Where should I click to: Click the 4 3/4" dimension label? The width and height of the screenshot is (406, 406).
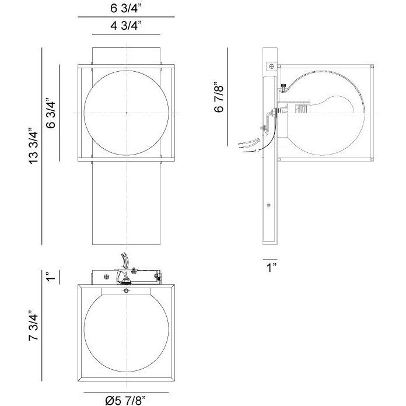pyautogui.click(x=126, y=25)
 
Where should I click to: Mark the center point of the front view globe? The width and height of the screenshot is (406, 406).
pyautogui.click(x=127, y=113)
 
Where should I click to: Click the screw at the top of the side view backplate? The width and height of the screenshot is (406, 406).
pyautogui.click(x=271, y=66)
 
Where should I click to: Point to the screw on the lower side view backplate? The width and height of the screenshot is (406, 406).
pyautogui.click(x=268, y=205)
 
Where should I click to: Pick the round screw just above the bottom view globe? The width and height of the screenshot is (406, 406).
pyautogui.click(x=127, y=290)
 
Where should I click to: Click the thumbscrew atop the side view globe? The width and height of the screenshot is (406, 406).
pyautogui.click(x=282, y=87)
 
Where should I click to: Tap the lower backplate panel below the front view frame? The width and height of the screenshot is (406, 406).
pyautogui.click(x=127, y=204)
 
